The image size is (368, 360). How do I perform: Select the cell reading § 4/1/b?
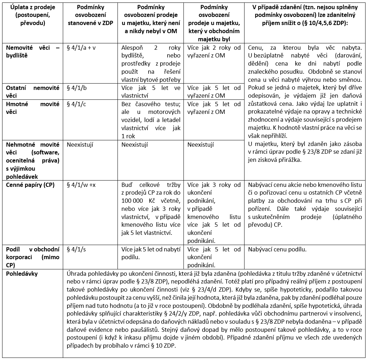tap(76, 88)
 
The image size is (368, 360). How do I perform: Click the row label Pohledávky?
tap(22, 274)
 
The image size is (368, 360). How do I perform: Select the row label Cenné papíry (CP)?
tap(30, 185)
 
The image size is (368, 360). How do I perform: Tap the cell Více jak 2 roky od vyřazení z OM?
tap(214, 51)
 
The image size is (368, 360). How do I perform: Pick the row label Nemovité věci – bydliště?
tap(33, 51)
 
